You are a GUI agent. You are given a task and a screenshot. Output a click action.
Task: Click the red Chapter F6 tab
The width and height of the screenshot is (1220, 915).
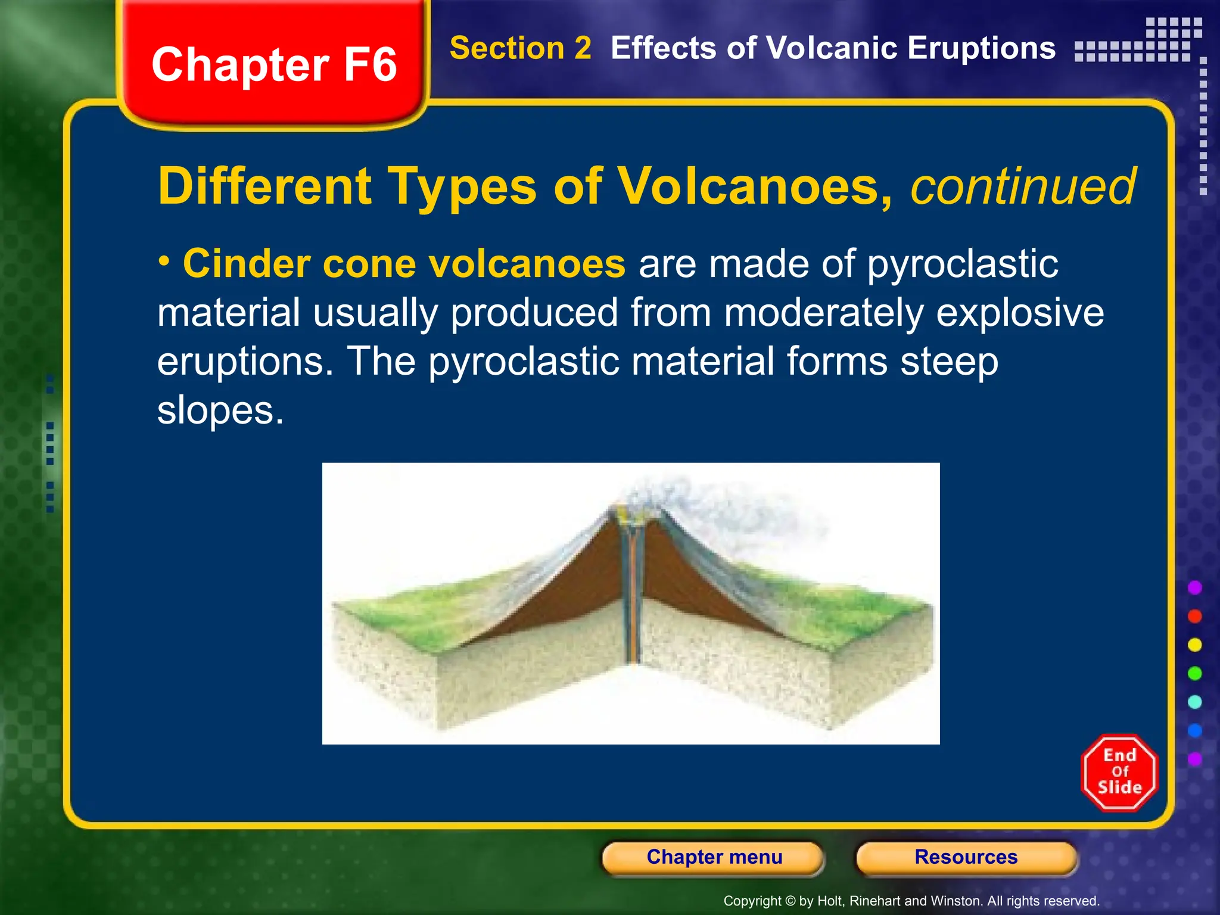click(x=274, y=64)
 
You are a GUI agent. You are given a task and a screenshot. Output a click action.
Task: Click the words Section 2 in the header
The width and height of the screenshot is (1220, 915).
click(x=520, y=48)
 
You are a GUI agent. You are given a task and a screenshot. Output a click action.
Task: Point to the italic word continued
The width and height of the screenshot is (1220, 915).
click(x=1023, y=186)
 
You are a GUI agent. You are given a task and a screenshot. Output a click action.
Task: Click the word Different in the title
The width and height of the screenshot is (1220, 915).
click(x=264, y=186)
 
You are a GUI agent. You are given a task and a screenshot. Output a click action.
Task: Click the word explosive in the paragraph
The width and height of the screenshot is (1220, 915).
click(x=1020, y=313)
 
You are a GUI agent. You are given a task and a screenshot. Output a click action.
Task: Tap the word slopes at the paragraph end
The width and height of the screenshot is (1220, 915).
click(x=220, y=410)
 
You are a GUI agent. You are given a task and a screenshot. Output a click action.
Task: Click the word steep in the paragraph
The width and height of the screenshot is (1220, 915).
click(x=949, y=362)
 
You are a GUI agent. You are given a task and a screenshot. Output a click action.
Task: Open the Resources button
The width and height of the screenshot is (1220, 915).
click(x=966, y=857)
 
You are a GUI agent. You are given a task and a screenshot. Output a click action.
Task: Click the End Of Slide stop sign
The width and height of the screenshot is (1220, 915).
click(x=1119, y=772)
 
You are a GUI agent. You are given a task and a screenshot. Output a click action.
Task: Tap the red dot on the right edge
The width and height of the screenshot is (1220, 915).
click(x=1194, y=616)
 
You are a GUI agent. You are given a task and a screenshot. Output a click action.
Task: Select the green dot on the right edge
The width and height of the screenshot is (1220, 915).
click(x=1194, y=673)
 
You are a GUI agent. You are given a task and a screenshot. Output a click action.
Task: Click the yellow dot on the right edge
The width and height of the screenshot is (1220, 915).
click(x=1194, y=645)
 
